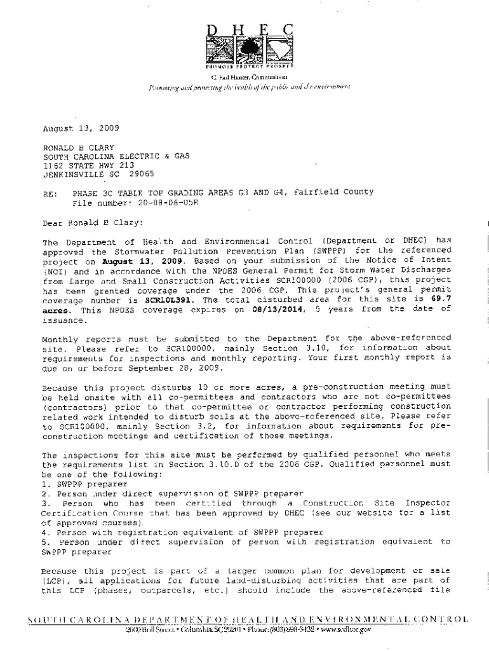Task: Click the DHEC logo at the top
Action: coord(250,46)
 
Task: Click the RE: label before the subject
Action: coord(50,193)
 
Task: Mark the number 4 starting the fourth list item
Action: coord(44,531)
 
